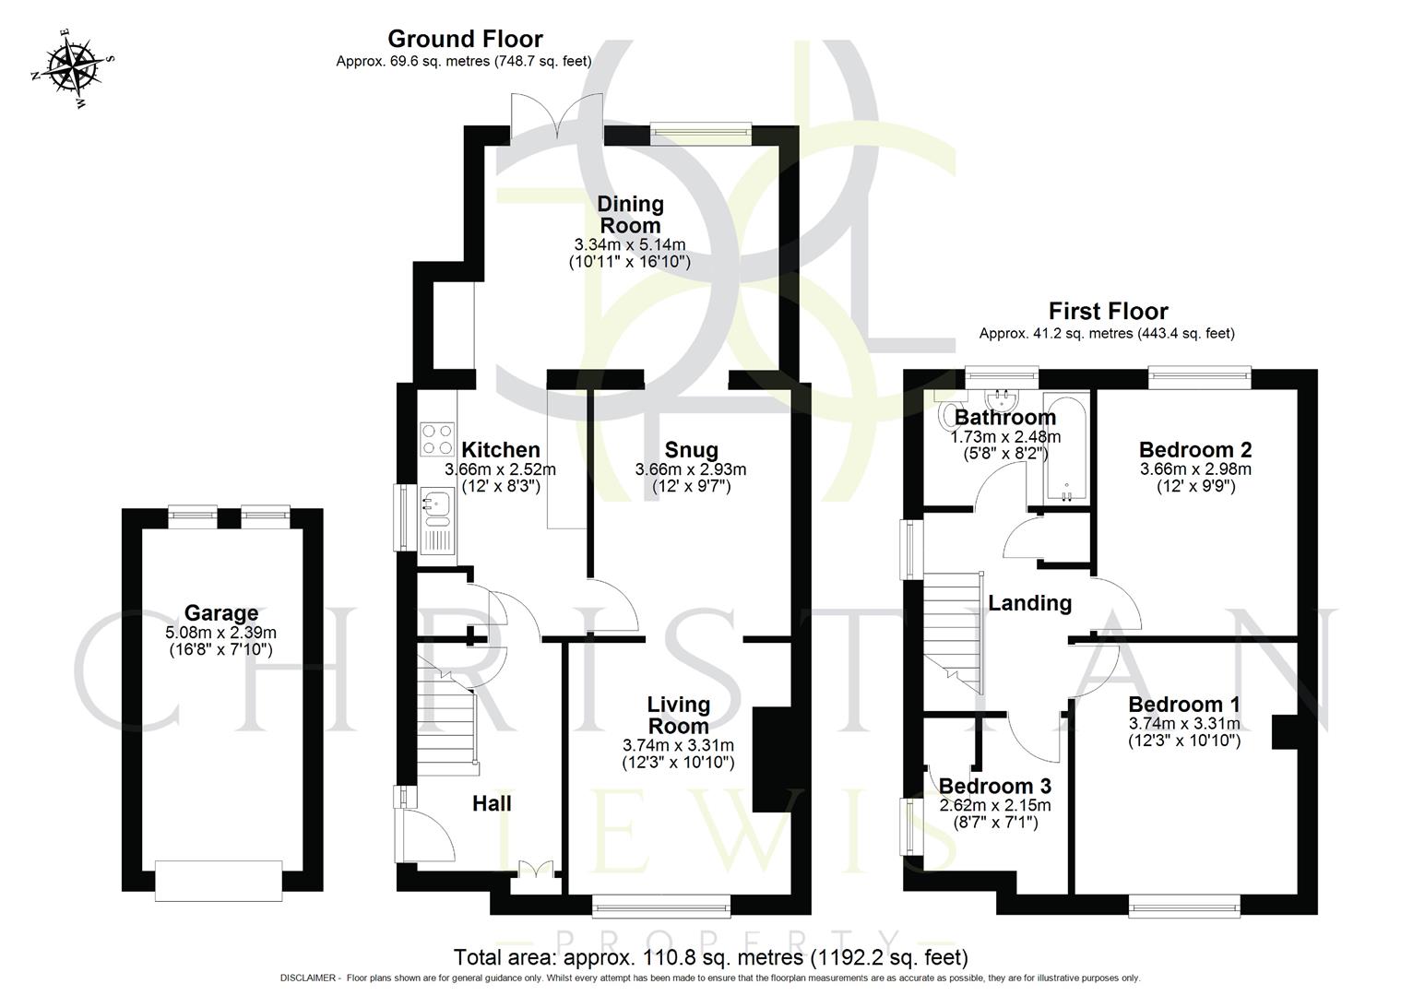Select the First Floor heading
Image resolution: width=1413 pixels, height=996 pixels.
(x=1108, y=311)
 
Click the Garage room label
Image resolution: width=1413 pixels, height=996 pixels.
(x=221, y=613)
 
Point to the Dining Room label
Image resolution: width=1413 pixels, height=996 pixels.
(x=630, y=214)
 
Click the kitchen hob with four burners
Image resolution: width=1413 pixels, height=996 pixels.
(x=437, y=439)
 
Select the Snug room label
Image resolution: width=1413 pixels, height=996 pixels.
(x=691, y=450)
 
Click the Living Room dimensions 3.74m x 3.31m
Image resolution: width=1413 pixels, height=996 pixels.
(x=678, y=745)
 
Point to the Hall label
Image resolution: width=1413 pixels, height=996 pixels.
(x=492, y=803)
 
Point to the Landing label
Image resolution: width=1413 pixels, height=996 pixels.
(x=1029, y=603)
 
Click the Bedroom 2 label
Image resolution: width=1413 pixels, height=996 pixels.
(x=1195, y=450)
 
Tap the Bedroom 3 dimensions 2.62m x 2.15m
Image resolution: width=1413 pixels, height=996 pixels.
(x=994, y=805)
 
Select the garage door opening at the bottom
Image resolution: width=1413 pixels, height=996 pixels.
(x=220, y=880)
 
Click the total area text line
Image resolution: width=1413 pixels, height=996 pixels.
(x=710, y=956)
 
